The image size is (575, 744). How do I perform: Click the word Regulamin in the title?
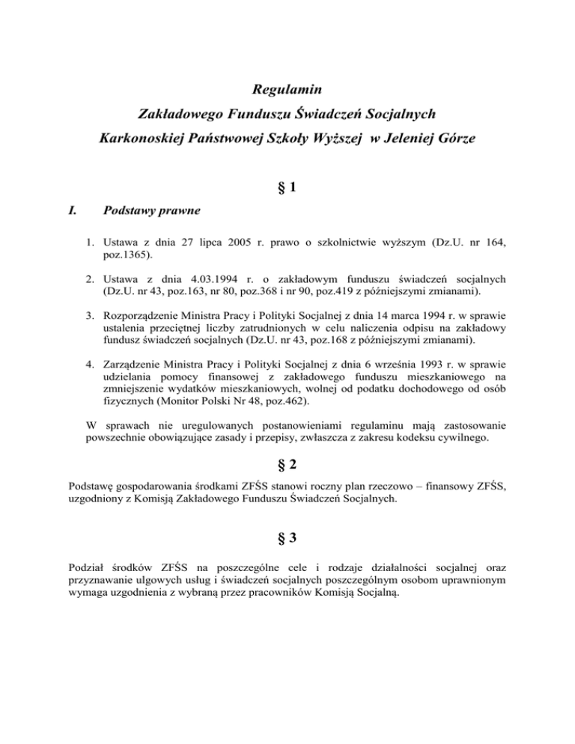click(x=287, y=91)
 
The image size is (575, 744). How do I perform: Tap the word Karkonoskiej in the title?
click(x=144, y=138)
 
